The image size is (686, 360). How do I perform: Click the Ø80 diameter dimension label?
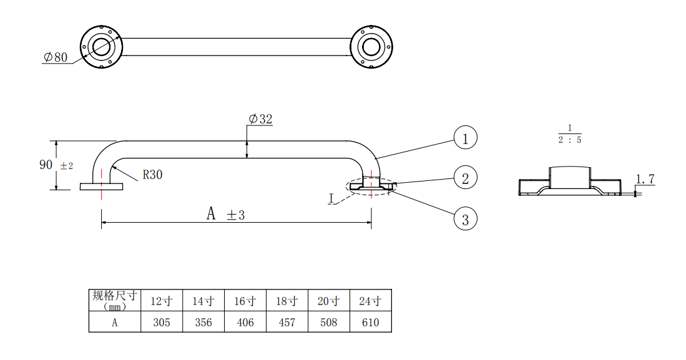pyautogui.click(x=55, y=57)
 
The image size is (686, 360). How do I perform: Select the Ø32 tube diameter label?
pyautogui.click(x=260, y=119)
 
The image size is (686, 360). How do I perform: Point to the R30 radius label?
pyautogui.click(x=152, y=175)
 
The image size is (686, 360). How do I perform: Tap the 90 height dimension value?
pyautogui.click(x=46, y=165)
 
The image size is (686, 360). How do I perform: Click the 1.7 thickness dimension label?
pyautogui.click(x=645, y=179)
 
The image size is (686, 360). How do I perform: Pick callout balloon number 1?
pyautogui.click(x=465, y=138)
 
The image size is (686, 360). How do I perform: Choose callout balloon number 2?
pyautogui.click(x=465, y=178)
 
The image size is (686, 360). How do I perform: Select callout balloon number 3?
pyautogui.click(x=465, y=219)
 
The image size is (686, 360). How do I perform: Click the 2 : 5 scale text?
pyautogui.click(x=570, y=140)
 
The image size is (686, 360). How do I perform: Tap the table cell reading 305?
pyautogui.click(x=162, y=323)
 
